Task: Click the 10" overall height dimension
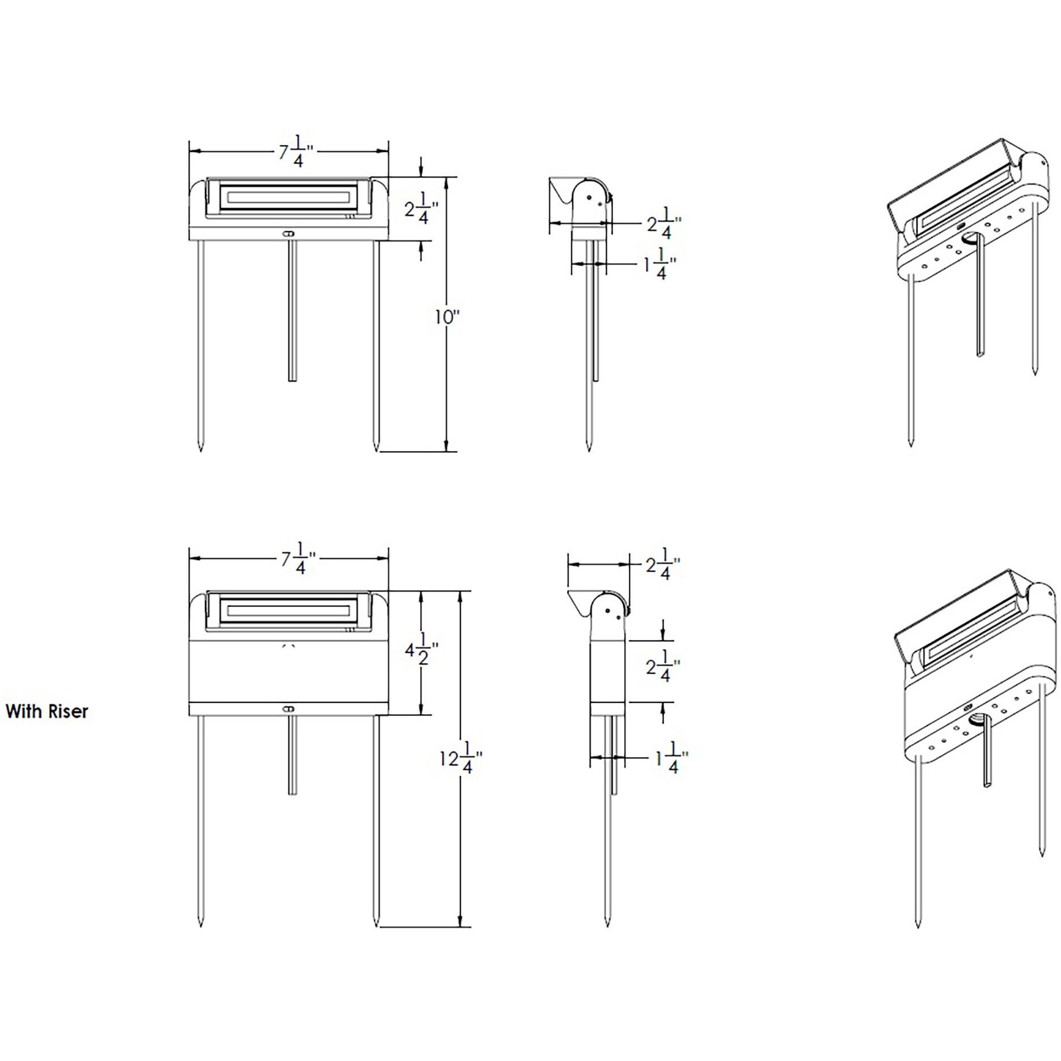point(445,317)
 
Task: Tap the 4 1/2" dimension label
point(420,651)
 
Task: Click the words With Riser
point(47,711)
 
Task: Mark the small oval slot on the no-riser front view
point(289,233)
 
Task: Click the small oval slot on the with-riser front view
point(289,708)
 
